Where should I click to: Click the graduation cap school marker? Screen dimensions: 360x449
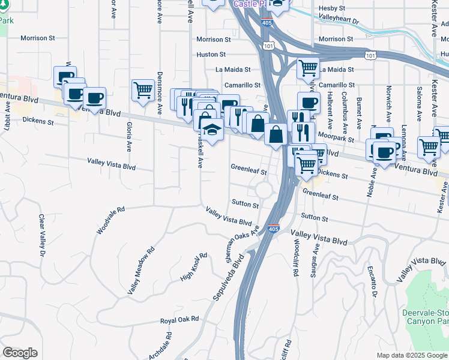tap(212, 129)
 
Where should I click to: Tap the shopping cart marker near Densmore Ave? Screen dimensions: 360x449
tap(143, 91)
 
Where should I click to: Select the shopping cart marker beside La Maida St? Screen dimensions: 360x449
tap(308, 68)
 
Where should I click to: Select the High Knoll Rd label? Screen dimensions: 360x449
tap(194, 268)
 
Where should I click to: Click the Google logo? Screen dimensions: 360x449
tap(20, 353)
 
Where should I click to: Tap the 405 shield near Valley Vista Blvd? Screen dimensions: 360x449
tap(273, 229)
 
